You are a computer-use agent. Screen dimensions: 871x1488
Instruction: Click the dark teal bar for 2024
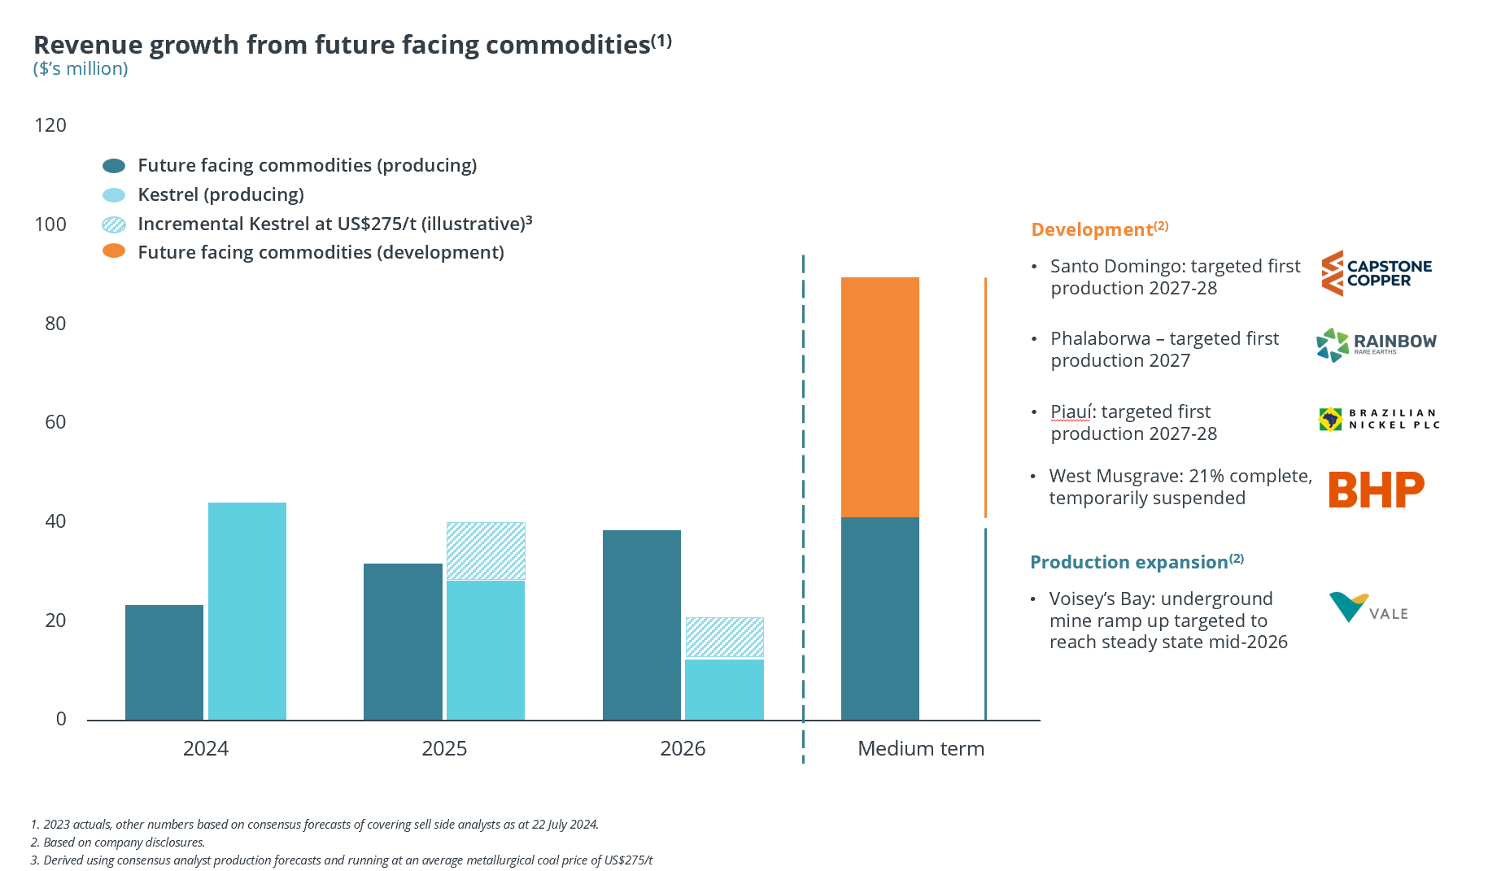click(164, 662)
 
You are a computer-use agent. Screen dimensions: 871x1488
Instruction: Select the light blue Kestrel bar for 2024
click(247, 611)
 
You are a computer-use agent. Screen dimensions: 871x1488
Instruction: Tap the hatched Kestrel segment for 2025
click(486, 551)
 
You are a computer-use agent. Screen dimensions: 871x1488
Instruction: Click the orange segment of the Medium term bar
click(879, 397)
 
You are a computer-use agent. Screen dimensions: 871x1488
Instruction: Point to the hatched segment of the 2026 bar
click(724, 637)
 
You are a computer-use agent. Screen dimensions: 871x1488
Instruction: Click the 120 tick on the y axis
click(50, 125)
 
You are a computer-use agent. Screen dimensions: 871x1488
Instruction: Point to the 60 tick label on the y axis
click(55, 422)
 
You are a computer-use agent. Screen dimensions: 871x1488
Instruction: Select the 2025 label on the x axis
click(444, 748)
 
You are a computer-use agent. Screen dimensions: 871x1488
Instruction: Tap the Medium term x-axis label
click(920, 748)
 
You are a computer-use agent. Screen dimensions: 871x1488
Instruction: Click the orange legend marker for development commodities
click(114, 251)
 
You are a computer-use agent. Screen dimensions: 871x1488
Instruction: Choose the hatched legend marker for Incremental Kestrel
click(114, 224)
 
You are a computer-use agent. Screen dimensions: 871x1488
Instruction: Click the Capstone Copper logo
click(1376, 273)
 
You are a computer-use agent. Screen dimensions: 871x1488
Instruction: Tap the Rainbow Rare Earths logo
click(1376, 345)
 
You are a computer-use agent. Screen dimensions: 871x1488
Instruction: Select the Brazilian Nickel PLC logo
click(1378, 419)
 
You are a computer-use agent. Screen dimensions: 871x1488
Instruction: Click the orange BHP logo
click(1376, 490)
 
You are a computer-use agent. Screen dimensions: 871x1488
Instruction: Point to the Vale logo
click(1368, 608)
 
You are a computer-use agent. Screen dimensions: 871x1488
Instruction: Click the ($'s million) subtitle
click(81, 69)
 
